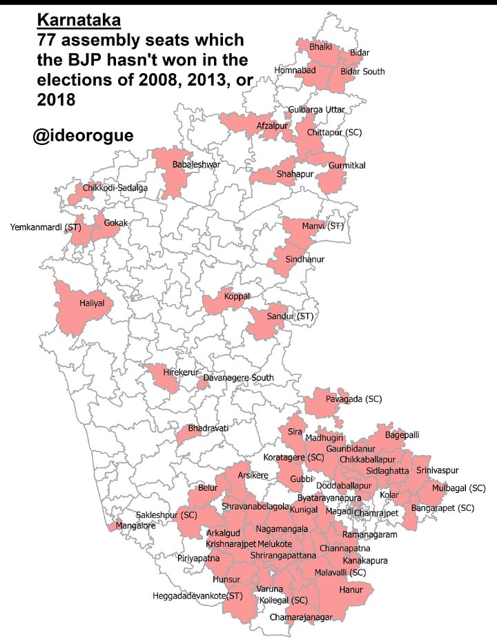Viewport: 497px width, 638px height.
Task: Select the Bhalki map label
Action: coord(321,47)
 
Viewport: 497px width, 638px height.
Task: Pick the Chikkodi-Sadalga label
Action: coord(115,188)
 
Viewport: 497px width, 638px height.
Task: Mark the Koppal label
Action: coord(237,297)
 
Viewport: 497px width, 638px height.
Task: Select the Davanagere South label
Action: coord(238,378)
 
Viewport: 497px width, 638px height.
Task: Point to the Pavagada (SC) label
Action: coord(353,399)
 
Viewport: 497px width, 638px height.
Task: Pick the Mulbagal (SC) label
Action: coord(459,488)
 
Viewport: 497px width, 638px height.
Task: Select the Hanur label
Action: coord(351,590)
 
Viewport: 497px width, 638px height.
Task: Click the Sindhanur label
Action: coord(304,260)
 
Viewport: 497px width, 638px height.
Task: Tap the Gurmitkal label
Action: coord(347,166)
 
